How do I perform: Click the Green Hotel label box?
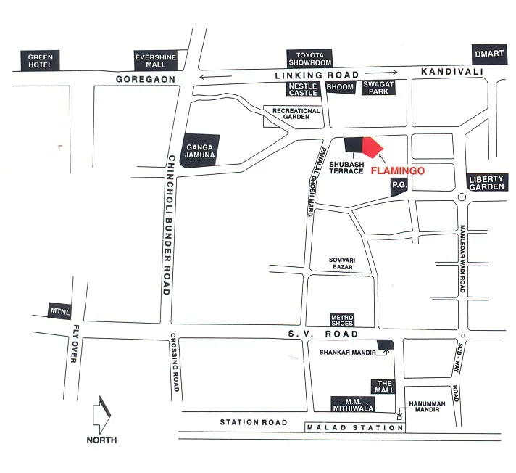point(41,60)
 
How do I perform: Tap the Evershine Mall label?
point(151,60)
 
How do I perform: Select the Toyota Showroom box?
point(309,58)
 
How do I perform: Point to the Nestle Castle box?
point(304,89)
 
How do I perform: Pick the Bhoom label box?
point(340,87)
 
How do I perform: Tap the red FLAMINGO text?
point(396,173)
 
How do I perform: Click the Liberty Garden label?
point(486,183)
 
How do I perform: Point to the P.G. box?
point(399,186)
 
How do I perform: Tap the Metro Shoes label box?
point(341,320)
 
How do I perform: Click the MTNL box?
point(59,310)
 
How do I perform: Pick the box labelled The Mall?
point(383,387)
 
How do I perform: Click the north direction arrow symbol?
point(101,416)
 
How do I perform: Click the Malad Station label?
point(355,427)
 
